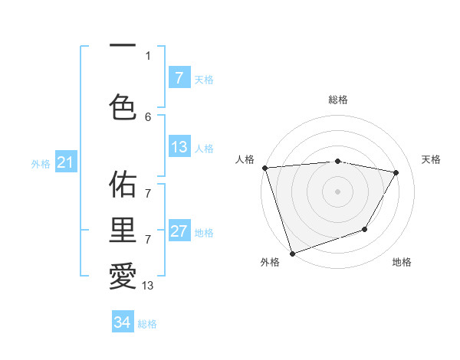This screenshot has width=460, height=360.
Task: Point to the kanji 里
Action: click(x=122, y=230)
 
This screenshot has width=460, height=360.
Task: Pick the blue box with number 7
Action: click(x=179, y=78)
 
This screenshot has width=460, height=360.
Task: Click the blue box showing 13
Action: click(x=179, y=148)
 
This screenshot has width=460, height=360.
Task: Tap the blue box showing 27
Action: click(x=179, y=232)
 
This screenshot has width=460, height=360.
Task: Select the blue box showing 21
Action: click(x=65, y=163)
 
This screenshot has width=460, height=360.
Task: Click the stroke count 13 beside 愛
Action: click(x=148, y=286)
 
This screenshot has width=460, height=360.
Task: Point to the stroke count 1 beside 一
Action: click(x=148, y=55)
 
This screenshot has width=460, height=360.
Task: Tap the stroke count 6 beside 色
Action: click(x=148, y=116)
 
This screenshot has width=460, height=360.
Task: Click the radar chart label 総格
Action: click(x=338, y=100)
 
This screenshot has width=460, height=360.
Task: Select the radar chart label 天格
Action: click(x=432, y=159)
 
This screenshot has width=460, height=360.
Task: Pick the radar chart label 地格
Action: click(x=402, y=262)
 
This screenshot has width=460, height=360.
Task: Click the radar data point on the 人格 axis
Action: click(x=264, y=168)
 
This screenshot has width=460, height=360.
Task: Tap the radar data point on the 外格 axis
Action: click(x=292, y=253)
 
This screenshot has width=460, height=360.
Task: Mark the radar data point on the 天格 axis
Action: click(x=396, y=172)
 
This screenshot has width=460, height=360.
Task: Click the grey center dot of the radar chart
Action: click(x=338, y=191)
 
